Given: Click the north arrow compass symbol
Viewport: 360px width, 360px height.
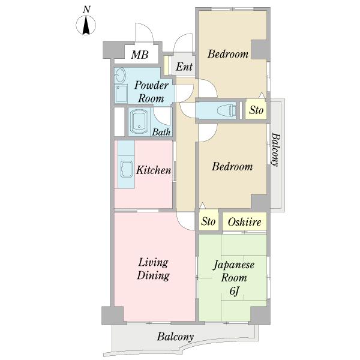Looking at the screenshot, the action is pyautogui.click(x=86, y=25).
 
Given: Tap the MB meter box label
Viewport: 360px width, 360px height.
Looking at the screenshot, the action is pyautogui.click(x=140, y=55).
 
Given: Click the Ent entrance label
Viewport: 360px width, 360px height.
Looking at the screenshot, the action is pyautogui.click(x=184, y=67).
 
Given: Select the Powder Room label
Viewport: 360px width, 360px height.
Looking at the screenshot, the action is pyautogui.click(x=151, y=92).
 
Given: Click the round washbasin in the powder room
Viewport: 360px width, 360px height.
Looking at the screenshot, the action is pyautogui.click(x=120, y=75).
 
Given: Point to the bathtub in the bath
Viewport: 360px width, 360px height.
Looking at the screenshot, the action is pyautogui.click(x=139, y=122).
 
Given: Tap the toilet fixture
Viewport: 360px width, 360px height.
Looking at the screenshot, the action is pyautogui.click(x=227, y=110).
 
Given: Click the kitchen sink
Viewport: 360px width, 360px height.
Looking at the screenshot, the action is pyautogui.click(x=127, y=169).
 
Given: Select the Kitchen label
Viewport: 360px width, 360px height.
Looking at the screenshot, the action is pyautogui.click(x=154, y=170).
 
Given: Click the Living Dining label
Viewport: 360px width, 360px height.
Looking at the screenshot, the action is pyautogui.click(x=153, y=269).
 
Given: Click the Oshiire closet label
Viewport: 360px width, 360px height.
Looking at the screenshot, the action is pyautogui.click(x=245, y=222).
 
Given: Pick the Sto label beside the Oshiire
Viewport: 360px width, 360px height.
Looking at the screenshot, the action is pyautogui.click(x=208, y=221).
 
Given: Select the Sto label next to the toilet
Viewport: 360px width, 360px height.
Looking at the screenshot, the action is pyautogui.click(x=256, y=110).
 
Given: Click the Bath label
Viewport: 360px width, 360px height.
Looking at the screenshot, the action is pyautogui.click(x=161, y=132).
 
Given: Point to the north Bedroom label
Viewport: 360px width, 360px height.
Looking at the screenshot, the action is pyautogui.click(x=228, y=54).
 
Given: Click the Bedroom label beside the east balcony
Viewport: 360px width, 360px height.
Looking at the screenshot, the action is pyautogui.click(x=232, y=166).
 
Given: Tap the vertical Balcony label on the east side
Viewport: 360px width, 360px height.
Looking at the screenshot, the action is pyautogui.click(x=276, y=149).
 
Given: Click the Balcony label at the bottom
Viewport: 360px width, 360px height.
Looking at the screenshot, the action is pyautogui.click(x=175, y=337).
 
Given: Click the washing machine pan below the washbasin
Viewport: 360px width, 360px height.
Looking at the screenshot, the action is pyautogui.click(x=121, y=94).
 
